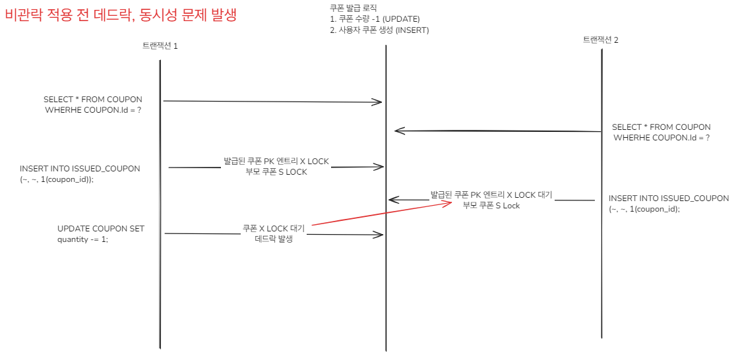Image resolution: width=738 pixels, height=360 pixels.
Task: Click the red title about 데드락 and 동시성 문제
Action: point(120,15)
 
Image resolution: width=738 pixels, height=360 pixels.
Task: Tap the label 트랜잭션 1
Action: point(160,46)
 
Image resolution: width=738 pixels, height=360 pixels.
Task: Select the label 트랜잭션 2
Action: point(600,40)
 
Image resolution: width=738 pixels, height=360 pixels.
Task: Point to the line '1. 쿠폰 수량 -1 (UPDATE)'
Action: point(374,18)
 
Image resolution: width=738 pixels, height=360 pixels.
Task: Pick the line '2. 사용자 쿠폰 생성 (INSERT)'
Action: point(379,30)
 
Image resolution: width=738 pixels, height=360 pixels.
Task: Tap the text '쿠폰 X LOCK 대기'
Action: point(273,229)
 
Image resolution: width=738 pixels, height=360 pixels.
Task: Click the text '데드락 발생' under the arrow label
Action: point(273,239)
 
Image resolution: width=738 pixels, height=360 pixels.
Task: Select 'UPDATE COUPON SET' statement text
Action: point(101,229)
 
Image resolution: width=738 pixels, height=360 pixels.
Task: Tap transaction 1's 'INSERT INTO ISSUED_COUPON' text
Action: point(80,168)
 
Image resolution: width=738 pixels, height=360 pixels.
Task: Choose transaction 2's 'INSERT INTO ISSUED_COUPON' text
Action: point(669,198)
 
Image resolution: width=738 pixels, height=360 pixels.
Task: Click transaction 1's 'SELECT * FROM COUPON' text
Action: point(93,100)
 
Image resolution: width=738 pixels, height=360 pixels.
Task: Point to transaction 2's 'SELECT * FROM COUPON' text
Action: point(661,127)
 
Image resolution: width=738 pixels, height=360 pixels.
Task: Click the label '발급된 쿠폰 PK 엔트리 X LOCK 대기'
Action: point(491,195)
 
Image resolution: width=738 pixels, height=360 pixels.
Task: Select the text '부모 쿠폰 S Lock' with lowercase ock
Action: point(491,206)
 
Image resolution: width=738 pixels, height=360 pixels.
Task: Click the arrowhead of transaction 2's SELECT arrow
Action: point(397,131)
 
